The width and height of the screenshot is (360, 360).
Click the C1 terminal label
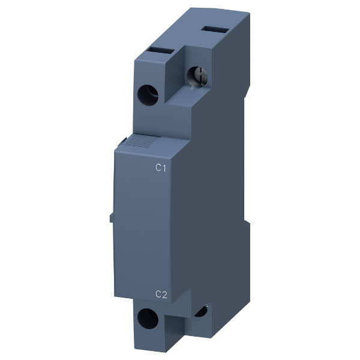point(161,168)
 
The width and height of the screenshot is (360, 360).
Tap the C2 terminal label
point(161,294)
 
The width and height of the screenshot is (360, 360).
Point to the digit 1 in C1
point(164,168)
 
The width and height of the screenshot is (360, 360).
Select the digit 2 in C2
point(164,295)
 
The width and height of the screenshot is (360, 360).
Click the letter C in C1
point(158,168)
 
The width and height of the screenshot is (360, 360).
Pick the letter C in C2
point(158,294)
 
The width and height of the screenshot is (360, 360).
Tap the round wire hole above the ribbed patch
point(148,95)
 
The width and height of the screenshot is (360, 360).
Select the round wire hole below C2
point(148,318)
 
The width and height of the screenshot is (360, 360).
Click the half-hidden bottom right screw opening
point(201,311)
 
